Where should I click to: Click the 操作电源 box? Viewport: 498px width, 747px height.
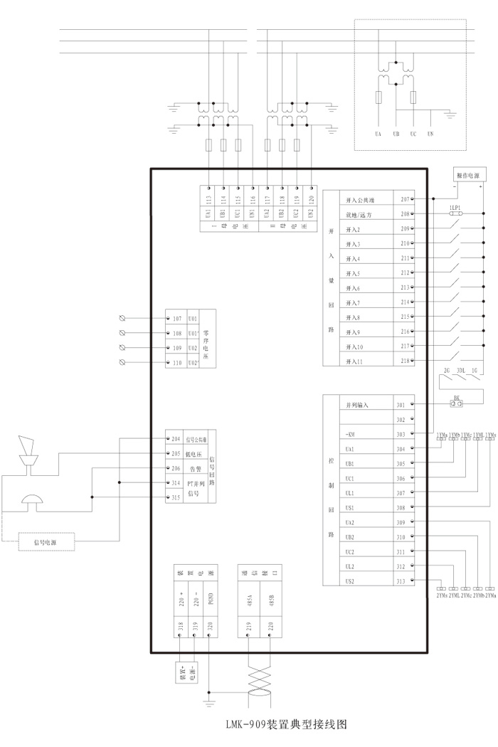point(467,175)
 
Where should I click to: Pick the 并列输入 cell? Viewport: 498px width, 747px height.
point(357,405)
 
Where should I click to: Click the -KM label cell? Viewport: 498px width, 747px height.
point(350,434)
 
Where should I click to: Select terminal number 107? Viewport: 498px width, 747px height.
point(178,318)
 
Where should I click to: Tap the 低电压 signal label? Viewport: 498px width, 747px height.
point(194,454)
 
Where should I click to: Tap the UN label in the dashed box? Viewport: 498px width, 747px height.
point(430,134)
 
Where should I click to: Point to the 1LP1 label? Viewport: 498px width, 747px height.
point(456,206)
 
